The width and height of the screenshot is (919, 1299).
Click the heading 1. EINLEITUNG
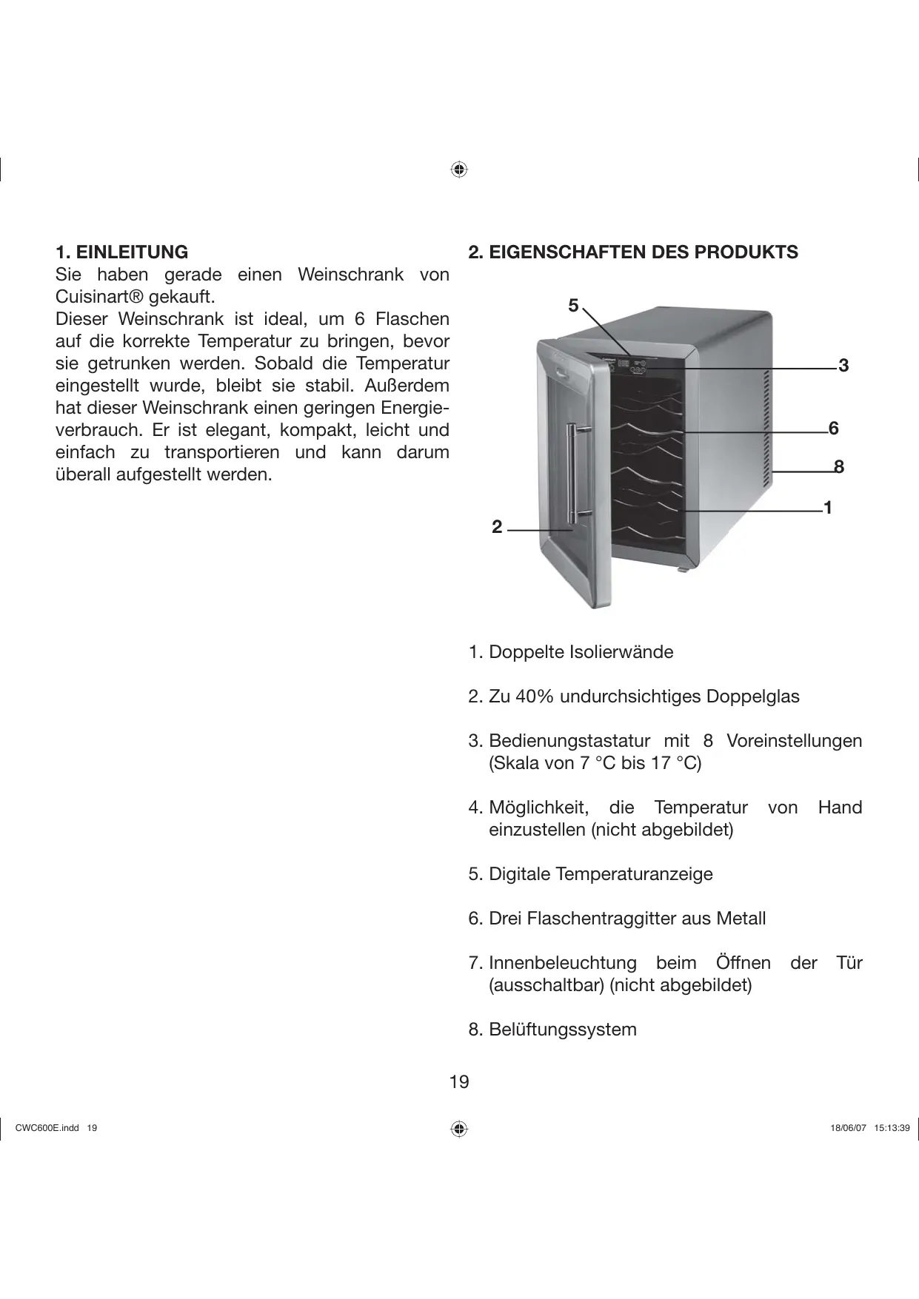click(121, 252)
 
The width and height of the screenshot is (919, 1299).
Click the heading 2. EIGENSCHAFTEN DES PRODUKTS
click(633, 252)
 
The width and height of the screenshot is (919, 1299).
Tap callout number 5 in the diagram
click(573, 306)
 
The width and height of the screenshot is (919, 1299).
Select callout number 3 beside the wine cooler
click(843, 366)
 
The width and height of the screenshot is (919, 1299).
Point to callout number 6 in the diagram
click(834, 429)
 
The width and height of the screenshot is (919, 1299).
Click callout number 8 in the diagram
click(838, 467)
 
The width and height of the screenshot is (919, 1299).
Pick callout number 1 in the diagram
click(828, 508)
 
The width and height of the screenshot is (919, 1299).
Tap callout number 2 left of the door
click(497, 527)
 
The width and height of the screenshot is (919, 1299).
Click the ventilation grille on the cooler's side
click(766, 429)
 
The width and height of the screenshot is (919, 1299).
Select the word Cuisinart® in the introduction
click(100, 298)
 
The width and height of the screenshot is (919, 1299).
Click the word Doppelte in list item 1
click(526, 653)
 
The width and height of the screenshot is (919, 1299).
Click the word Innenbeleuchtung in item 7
click(562, 964)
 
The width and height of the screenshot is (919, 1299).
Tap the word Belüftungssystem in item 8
click(562, 1030)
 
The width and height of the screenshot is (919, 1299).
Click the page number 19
click(459, 1083)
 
